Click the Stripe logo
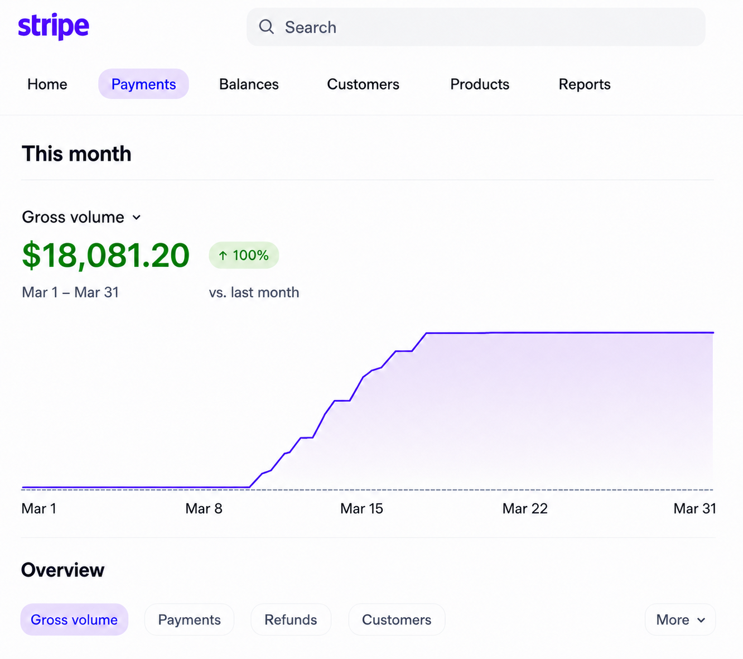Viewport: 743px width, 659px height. click(54, 26)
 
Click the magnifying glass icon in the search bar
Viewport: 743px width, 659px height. click(266, 27)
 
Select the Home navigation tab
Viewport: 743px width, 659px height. click(47, 84)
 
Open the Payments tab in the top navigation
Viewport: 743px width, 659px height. click(143, 84)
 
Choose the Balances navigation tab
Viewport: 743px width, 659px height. click(249, 84)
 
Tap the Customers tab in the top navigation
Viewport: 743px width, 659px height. click(363, 84)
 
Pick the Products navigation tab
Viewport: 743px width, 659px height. click(480, 84)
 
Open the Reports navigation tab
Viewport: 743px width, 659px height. click(585, 84)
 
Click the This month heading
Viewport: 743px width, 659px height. click(76, 153)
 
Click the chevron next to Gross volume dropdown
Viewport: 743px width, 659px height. click(137, 218)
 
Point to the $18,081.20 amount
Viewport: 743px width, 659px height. click(105, 254)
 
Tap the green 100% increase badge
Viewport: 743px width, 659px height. click(244, 255)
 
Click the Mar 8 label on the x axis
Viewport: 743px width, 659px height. click(204, 508)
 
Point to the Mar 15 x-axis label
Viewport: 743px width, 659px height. click(361, 508)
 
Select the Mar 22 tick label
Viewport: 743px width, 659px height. click(525, 508)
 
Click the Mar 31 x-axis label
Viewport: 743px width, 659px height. click(694, 508)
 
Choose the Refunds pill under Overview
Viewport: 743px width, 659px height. click(291, 620)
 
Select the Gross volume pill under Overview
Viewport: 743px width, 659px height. click(74, 620)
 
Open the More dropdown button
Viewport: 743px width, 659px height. click(681, 620)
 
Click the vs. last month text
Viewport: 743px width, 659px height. click(254, 292)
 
